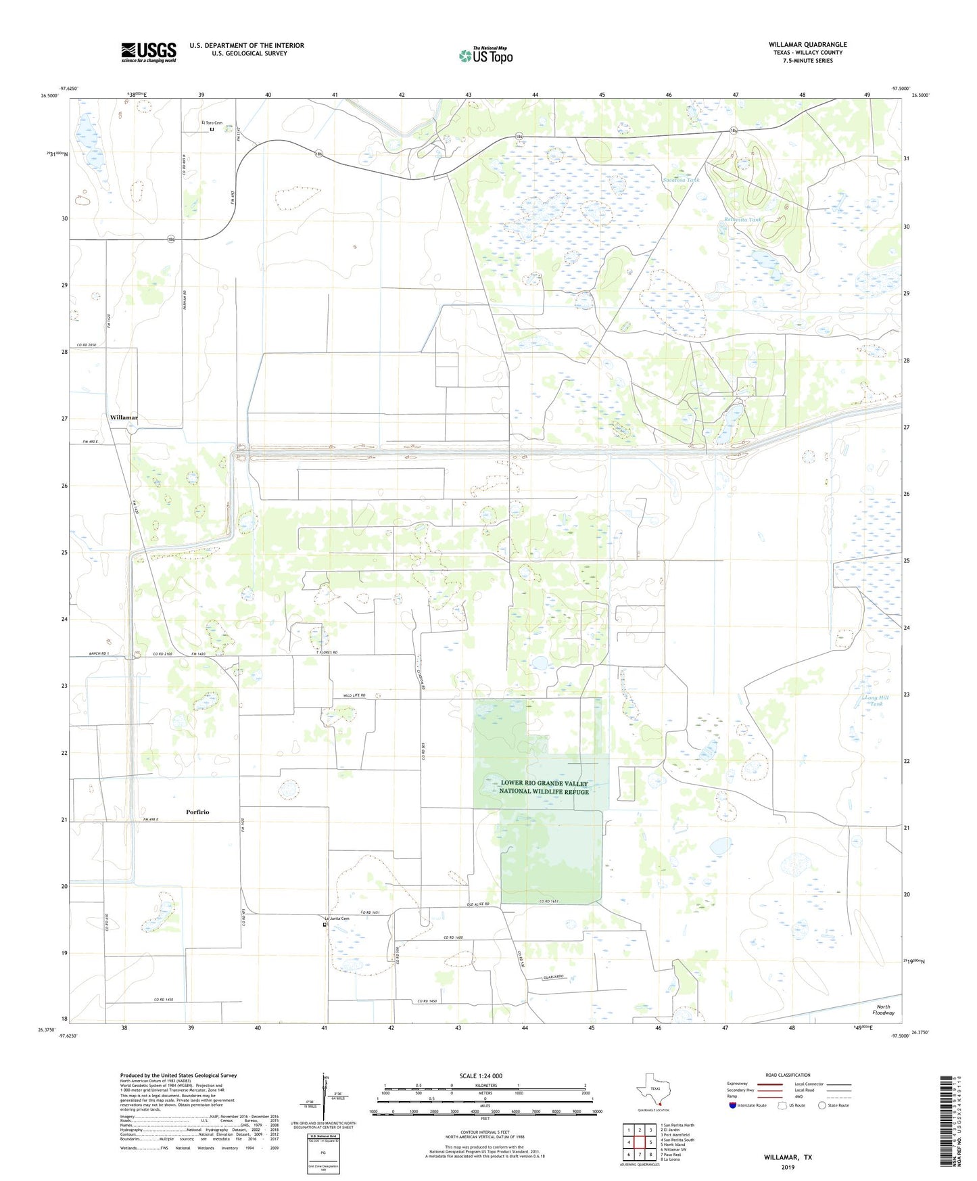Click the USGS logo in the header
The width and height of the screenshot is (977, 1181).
click(149, 51)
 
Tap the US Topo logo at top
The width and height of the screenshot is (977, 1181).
click(485, 55)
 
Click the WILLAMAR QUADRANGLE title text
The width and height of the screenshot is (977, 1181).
click(807, 45)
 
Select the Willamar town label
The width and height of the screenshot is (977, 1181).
click(124, 418)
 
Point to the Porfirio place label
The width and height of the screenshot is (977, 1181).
click(197, 812)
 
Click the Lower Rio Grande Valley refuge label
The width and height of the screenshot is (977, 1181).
click(544, 787)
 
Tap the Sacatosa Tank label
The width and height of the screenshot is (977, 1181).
click(681, 180)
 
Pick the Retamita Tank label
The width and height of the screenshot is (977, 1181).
click(742, 220)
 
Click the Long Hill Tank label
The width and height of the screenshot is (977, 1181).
click(876, 700)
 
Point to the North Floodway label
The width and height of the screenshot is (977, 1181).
click(883, 1009)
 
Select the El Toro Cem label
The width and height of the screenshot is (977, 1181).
click(212, 123)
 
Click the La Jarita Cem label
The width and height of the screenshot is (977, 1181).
click(337, 918)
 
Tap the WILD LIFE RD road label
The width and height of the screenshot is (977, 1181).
click(354, 695)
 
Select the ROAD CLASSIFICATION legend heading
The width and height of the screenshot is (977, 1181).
click(788, 1075)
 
